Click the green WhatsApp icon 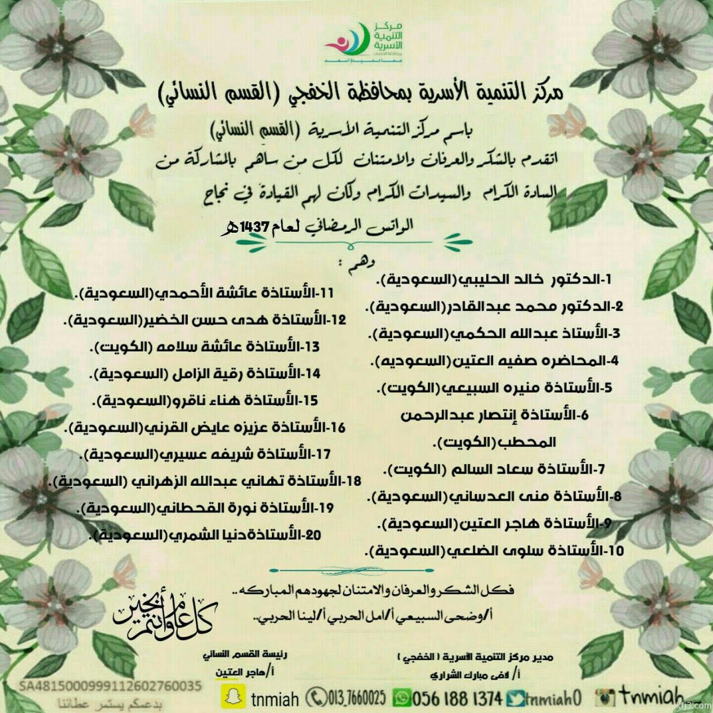[x=403, y=697]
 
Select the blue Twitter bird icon [x=516, y=697]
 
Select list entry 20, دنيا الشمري [x=207, y=535]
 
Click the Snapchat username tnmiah [x=275, y=698]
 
